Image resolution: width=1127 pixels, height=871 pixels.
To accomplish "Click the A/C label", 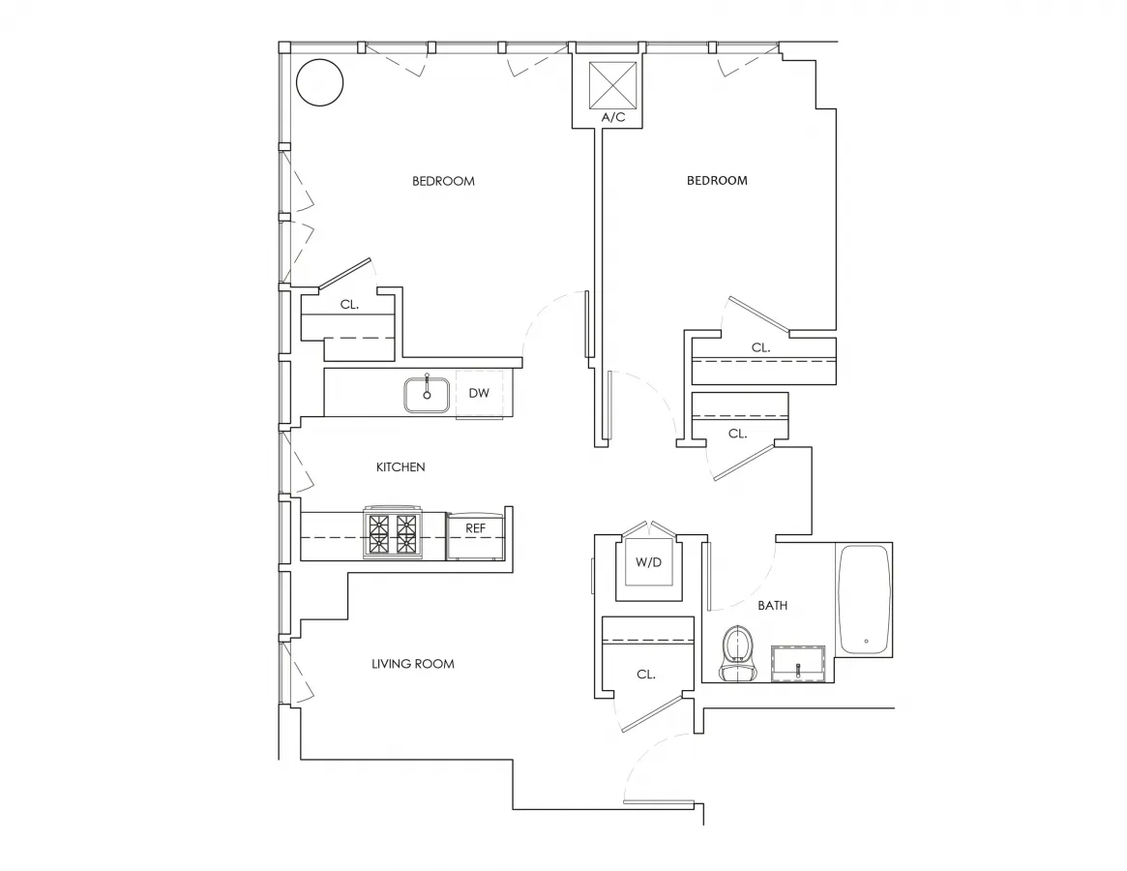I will coord(613,118).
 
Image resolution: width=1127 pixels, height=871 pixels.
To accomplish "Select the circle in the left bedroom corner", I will coord(319,83).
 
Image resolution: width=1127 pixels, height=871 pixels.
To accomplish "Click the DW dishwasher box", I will coord(479,393).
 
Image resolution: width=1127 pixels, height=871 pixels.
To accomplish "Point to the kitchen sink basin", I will coord(427,394).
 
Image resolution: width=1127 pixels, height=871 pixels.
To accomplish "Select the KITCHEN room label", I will coord(400,467).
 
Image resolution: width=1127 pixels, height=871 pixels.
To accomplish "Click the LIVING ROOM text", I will coord(413,664).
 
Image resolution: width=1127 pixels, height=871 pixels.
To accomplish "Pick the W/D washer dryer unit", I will coord(648,563).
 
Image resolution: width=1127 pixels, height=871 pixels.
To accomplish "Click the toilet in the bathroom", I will coord(737,651).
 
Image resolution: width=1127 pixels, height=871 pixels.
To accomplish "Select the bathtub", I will coord(864,600).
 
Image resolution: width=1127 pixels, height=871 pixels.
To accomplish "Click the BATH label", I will coord(772,606).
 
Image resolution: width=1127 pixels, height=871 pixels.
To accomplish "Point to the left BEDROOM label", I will coord(443,181).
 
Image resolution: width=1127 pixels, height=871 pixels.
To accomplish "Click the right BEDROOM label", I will coord(717,181).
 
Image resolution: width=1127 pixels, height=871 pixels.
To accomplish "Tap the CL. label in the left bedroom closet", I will coord(349,304).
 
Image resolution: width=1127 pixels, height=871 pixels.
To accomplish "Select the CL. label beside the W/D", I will coord(646,675).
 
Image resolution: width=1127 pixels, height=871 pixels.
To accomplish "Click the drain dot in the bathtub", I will coord(865,641).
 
